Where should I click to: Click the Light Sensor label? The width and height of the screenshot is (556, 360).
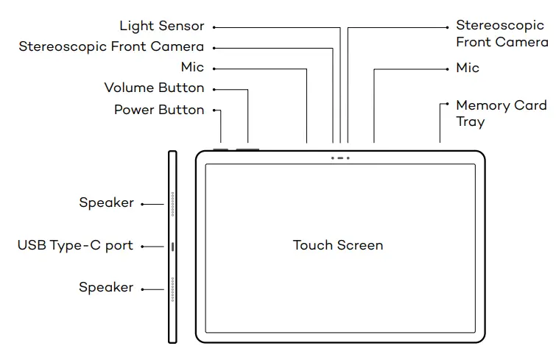coord(161,27)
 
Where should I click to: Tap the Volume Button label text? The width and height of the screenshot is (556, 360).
coord(154,88)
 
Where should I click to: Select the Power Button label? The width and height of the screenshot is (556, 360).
coord(158,110)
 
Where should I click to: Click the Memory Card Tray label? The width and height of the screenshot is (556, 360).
coord(500,113)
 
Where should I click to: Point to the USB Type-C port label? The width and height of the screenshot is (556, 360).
coord(75,246)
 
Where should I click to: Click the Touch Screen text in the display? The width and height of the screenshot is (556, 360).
coord(338,245)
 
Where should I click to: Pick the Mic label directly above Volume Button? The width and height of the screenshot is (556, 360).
coord(192,68)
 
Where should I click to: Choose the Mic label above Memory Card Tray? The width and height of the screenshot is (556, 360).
coord(468,68)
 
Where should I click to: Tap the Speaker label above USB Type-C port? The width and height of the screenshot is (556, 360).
coord(107,202)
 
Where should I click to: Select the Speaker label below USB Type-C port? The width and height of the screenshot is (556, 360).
coord(107,288)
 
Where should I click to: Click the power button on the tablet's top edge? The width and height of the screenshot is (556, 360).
coord(221,149)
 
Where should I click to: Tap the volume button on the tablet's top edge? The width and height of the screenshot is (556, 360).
coord(248,149)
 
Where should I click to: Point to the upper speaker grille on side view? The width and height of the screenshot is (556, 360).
coord(172,204)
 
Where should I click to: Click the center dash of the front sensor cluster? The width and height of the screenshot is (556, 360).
coord(340,158)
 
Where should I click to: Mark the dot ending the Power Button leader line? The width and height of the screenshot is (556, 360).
coord(214,110)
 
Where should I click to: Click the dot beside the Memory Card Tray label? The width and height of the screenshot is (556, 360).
coord(446,105)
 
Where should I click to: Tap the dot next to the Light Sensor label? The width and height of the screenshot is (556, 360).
coord(214,27)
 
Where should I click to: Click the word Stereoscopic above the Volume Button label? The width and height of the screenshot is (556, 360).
coord(63,47)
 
